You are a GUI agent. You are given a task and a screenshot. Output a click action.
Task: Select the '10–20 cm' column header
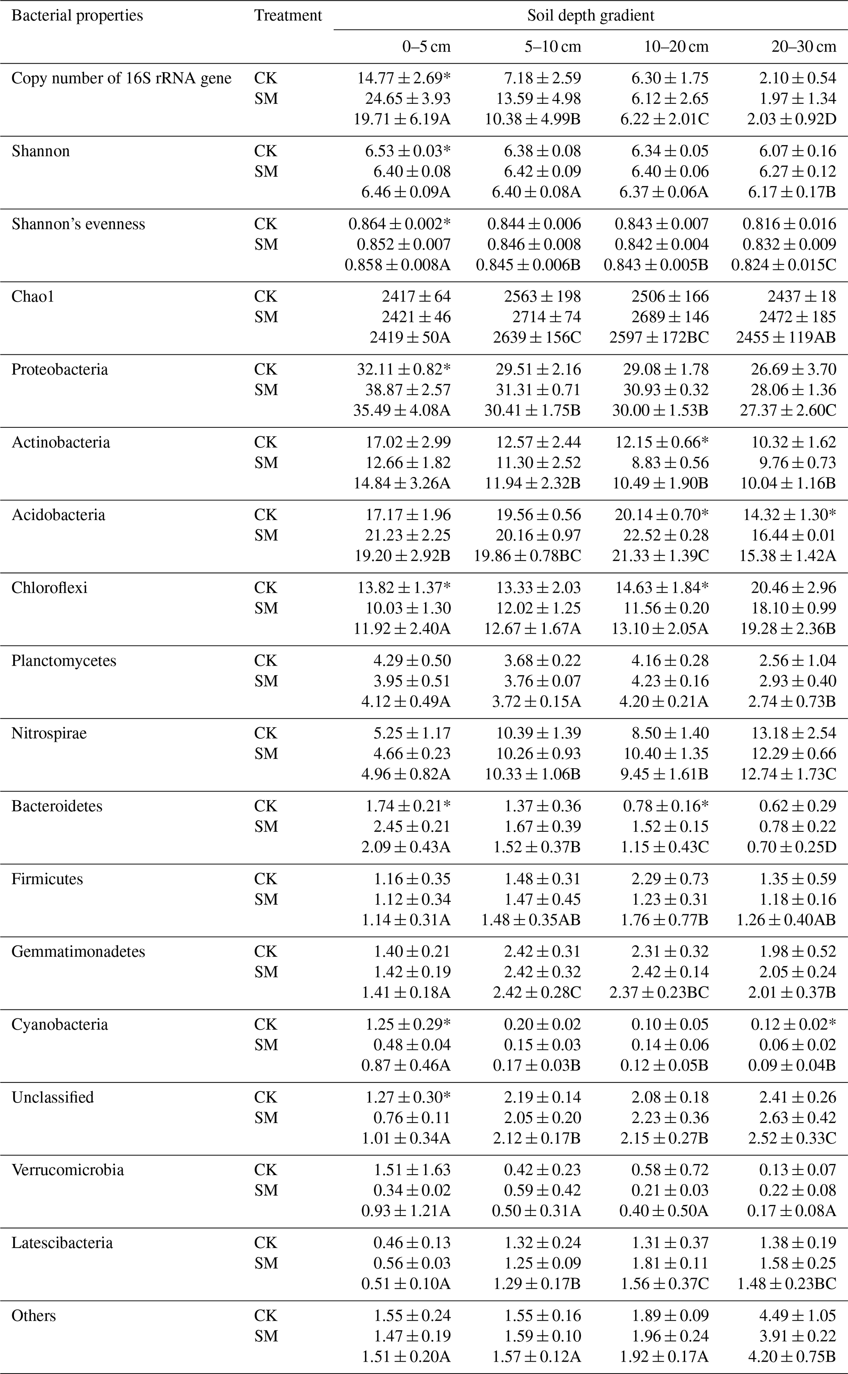676,46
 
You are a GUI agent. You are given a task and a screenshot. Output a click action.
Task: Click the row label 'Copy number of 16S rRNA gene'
121,78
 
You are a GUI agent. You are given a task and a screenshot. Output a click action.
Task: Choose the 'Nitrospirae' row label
49,733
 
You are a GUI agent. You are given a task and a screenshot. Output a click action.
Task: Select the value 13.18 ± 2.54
793,733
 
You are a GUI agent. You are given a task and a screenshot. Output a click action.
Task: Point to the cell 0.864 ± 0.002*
399,224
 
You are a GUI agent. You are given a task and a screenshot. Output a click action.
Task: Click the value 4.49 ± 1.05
798,1316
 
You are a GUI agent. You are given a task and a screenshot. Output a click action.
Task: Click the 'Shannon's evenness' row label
78,224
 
